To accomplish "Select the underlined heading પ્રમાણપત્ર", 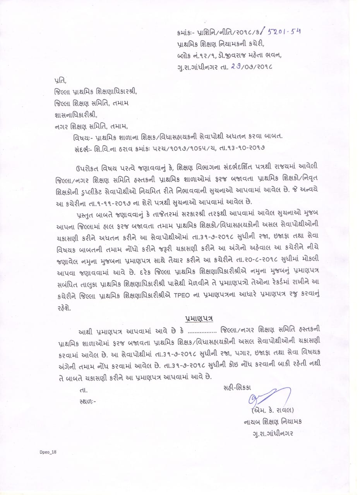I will click(x=199, y=318).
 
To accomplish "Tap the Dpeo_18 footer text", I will click(x=48, y=451).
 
